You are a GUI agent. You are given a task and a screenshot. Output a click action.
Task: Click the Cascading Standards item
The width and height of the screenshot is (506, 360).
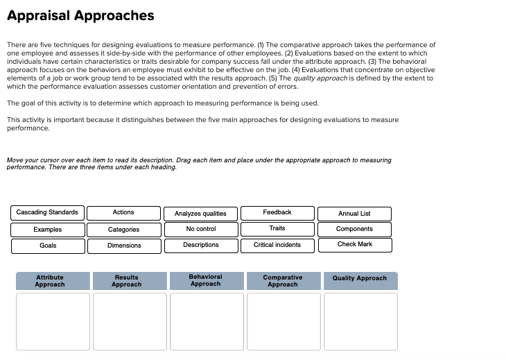[x=47, y=212]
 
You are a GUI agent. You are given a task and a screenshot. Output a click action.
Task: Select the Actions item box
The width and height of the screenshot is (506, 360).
[x=123, y=212]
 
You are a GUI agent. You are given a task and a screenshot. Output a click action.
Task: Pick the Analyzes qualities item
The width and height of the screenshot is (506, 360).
[x=200, y=214]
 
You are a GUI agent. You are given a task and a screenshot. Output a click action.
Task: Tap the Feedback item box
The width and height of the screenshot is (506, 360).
[x=277, y=212]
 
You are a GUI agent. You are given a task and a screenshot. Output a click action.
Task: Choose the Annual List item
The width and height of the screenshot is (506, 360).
[x=354, y=214]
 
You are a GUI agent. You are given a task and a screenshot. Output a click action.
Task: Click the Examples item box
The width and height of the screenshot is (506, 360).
[x=47, y=230]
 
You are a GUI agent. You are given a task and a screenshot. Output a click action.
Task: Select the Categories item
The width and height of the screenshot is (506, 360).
[x=123, y=230]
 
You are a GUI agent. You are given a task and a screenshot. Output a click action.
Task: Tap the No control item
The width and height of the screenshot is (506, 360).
[x=200, y=229]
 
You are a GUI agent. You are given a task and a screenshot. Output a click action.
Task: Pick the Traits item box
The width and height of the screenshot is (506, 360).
[x=277, y=228]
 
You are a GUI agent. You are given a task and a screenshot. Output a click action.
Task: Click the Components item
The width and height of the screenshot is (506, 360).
[x=354, y=229]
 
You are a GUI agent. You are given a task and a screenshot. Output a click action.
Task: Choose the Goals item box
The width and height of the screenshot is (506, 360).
[x=47, y=246]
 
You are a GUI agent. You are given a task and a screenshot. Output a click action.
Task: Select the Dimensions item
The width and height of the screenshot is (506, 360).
[x=123, y=246]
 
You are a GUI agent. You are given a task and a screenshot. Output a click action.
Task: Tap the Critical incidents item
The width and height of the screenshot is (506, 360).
[x=277, y=245]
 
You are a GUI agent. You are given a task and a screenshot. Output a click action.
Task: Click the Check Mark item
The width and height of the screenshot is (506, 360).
[x=354, y=245]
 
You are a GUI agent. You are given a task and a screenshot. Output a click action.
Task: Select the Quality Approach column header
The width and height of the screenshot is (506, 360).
[x=360, y=279]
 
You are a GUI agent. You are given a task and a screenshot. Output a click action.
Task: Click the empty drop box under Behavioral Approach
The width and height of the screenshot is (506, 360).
[x=206, y=321]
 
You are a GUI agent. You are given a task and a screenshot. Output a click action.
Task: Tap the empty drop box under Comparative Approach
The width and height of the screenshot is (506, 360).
[x=283, y=321]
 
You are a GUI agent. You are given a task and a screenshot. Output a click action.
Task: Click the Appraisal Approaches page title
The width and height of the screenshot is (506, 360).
[x=80, y=15]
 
